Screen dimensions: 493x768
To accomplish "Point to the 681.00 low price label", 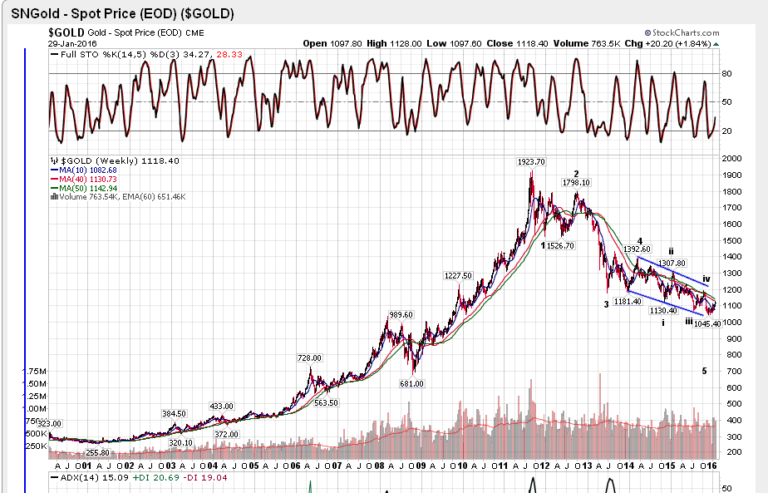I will pos(412,383).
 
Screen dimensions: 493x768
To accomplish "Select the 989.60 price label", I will pos(400,315).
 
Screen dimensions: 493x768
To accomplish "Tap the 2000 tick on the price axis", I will pos(731,159).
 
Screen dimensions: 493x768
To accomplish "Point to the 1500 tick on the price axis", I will pos(731,240).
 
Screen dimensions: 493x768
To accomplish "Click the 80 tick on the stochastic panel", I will pos(726,73).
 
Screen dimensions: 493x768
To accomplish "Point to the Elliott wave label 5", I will pos(704,371).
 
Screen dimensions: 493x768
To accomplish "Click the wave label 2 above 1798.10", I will pos(576,174).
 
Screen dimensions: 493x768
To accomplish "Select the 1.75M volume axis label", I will pos(35,371).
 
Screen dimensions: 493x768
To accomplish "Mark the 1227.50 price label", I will pos(458,276).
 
